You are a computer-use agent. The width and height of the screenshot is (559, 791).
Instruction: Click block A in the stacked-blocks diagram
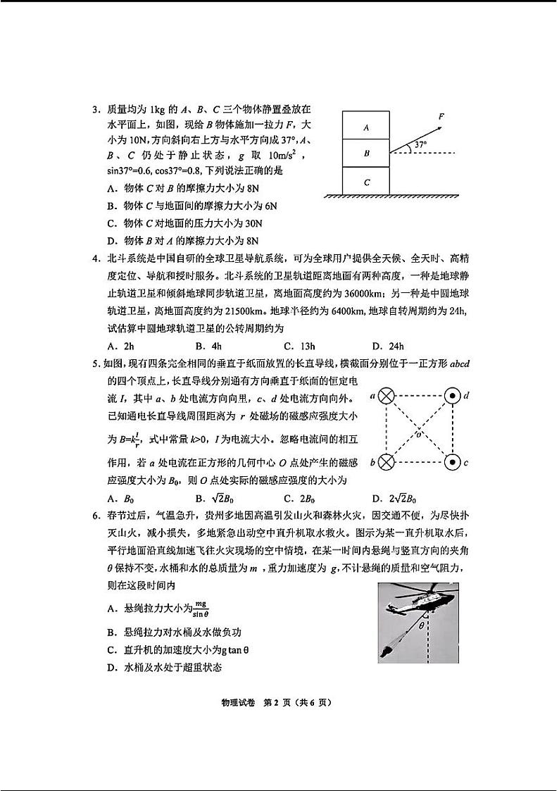[x=366, y=127]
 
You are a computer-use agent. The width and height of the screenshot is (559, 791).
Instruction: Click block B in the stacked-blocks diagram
[x=366, y=153]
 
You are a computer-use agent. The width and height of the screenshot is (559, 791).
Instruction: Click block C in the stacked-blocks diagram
[x=366, y=181]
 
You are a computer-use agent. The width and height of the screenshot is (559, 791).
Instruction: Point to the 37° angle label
[x=420, y=145]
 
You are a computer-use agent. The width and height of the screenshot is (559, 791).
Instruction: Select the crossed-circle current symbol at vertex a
[x=386, y=397]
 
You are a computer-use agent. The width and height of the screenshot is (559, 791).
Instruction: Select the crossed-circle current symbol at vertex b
[x=386, y=463]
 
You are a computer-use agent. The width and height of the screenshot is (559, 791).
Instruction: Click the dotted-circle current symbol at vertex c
[x=453, y=463]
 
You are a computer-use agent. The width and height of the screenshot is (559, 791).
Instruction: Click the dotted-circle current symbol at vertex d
[x=453, y=397]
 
